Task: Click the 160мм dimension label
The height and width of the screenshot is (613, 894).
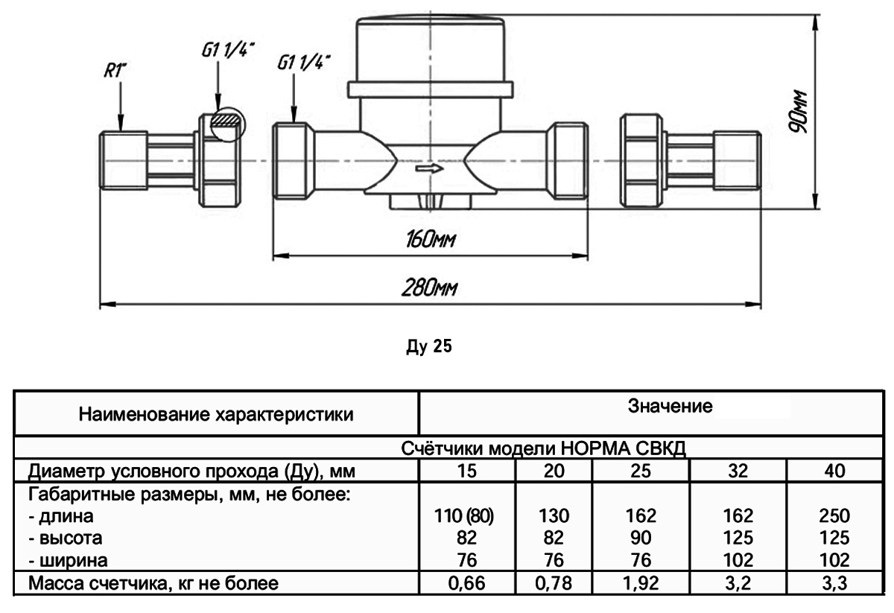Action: tap(431, 241)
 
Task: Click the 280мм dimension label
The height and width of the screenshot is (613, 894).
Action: tap(431, 288)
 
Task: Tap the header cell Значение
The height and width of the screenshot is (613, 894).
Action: tap(671, 407)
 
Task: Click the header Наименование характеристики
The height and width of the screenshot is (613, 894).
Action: tap(216, 413)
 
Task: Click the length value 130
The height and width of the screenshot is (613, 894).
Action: tap(553, 515)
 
